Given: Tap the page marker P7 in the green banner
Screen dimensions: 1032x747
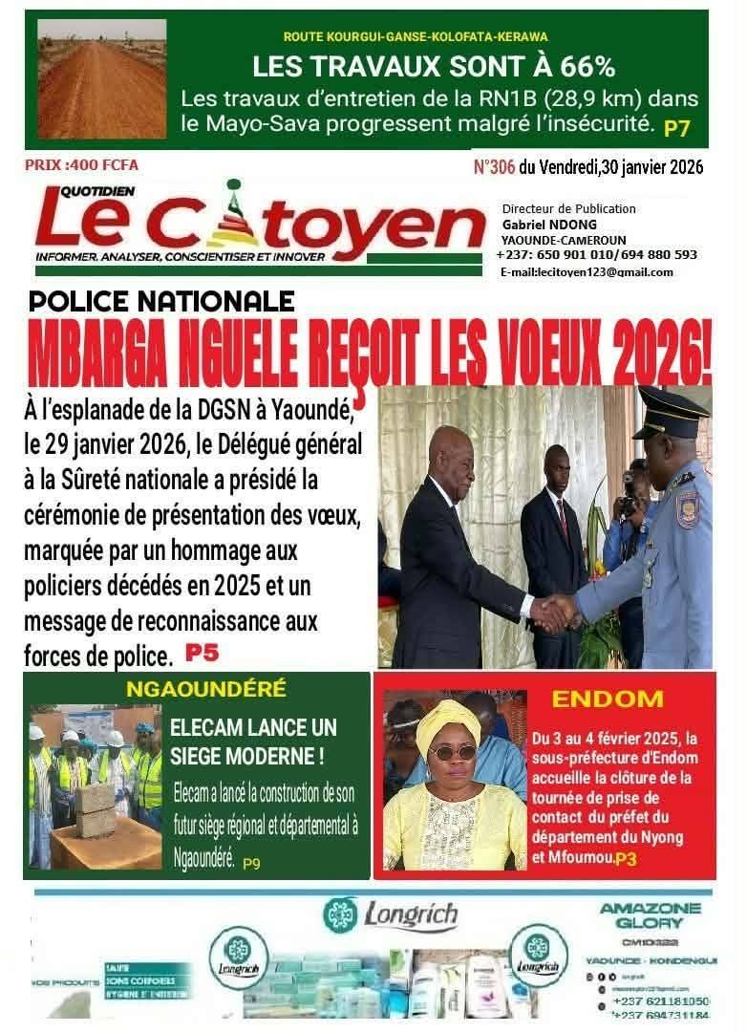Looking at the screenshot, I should pos(677,126).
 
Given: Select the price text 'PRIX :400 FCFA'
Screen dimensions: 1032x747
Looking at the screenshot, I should pos(82,165).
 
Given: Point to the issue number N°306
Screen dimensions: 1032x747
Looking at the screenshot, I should pos(494,168).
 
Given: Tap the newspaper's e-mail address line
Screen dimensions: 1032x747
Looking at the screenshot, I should pos(586,271).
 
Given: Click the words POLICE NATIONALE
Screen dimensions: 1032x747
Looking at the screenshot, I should pos(161,302).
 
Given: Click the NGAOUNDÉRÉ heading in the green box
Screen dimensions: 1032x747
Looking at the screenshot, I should pos(199,690).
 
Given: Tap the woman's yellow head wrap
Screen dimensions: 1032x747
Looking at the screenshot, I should pos(447,720).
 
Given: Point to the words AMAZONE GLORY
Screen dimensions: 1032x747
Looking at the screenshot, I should pos(651,915).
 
